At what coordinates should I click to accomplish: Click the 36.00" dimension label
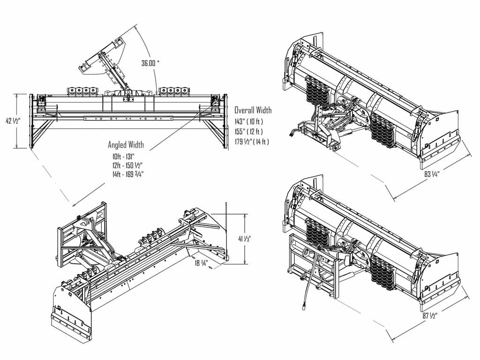(x=153, y=62)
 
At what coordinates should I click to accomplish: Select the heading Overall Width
(x=253, y=111)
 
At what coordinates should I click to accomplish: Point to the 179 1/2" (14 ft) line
(x=252, y=141)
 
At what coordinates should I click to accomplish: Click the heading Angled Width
(x=126, y=145)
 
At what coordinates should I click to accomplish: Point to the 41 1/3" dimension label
(x=245, y=239)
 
